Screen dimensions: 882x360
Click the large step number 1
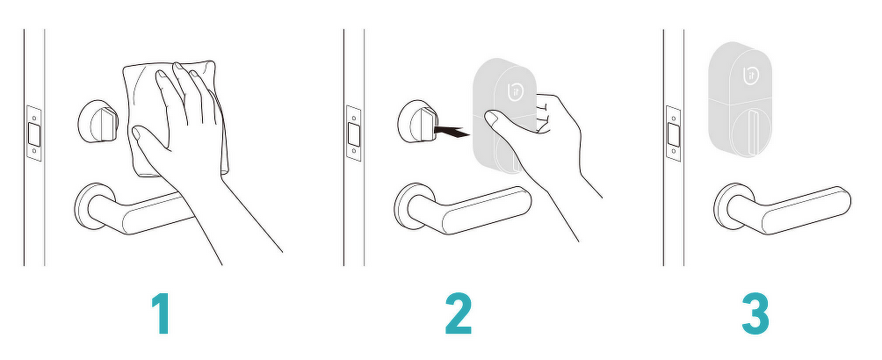point(162,314)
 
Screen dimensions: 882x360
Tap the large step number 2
point(459,314)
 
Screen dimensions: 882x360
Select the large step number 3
point(755,314)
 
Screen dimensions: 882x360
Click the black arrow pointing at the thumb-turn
point(452,133)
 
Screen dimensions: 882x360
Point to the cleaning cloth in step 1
point(174,119)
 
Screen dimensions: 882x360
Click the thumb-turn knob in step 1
point(98,122)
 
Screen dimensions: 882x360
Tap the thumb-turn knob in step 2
point(418,122)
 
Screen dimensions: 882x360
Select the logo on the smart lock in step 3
point(751,76)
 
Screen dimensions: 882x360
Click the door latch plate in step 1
point(34,133)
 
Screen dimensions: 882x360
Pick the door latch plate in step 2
point(354,133)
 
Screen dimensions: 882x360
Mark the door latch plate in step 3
point(673,133)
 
